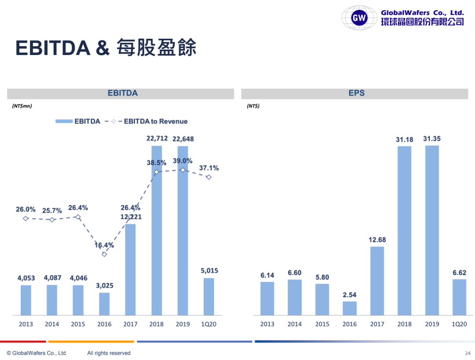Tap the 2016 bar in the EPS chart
(x=350, y=308)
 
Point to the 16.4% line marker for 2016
(x=104, y=254)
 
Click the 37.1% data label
(x=209, y=168)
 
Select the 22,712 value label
(x=157, y=139)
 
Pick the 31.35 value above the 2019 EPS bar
(x=431, y=139)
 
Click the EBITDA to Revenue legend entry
(x=155, y=121)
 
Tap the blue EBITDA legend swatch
(x=63, y=121)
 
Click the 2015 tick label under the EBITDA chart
(x=78, y=324)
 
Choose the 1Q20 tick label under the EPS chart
(x=459, y=324)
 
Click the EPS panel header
(x=356, y=93)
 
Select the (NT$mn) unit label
(x=22, y=106)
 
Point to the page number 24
(x=468, y=353)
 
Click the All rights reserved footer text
(x=109, y=353)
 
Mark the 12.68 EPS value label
(x=377, y=239)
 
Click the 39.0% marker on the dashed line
(x=183, y=170)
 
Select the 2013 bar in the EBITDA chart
(x=26, y=300)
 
